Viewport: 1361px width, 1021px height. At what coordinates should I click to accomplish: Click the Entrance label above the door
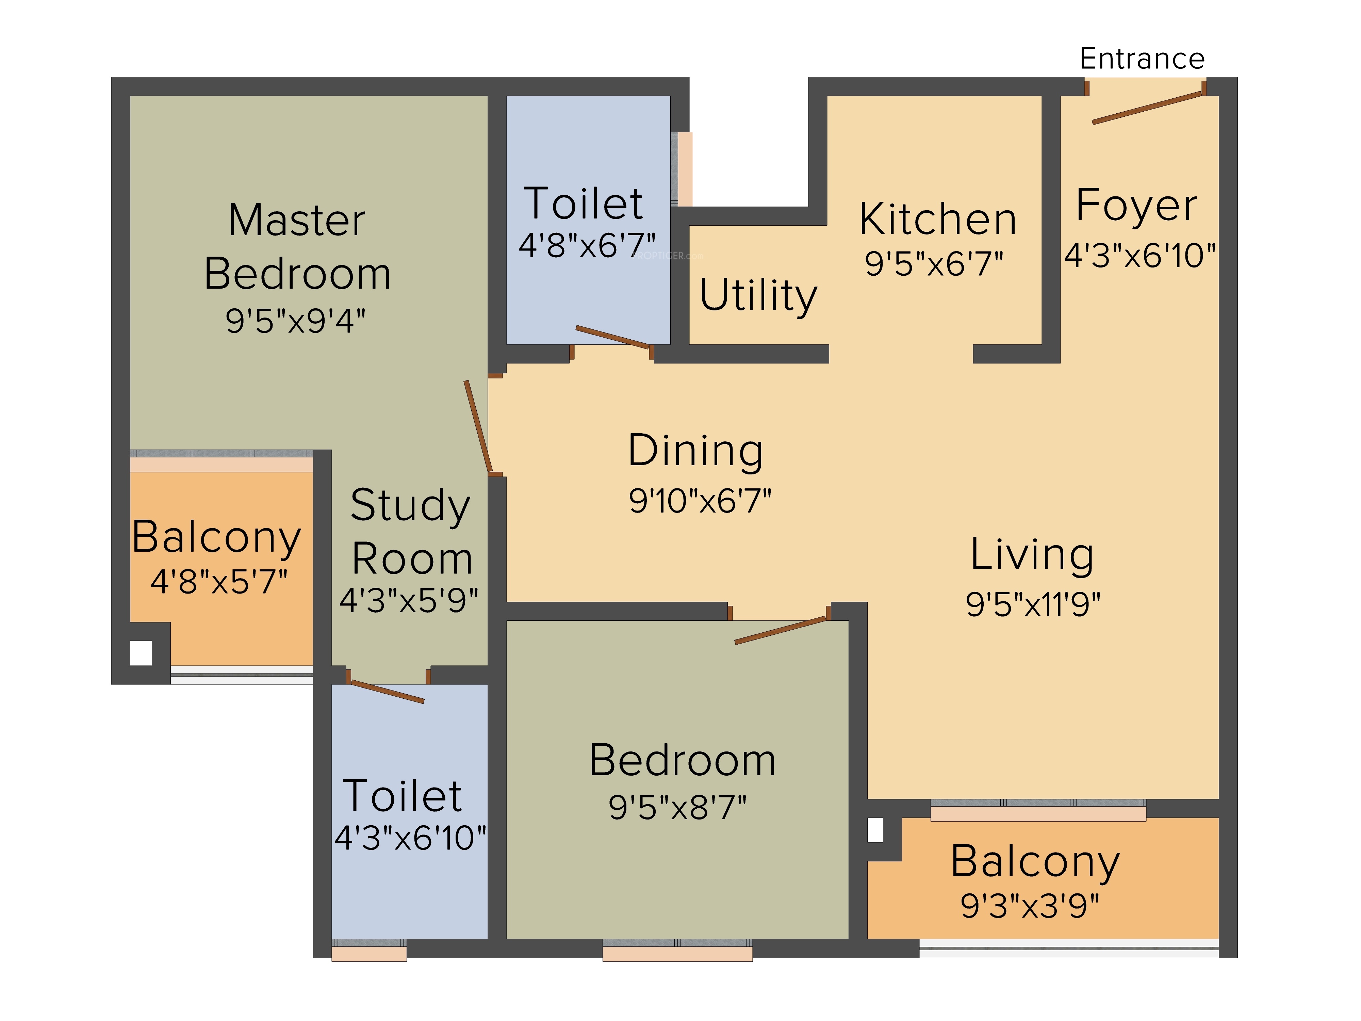[x=1142, y=59]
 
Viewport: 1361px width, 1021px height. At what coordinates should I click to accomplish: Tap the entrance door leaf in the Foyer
[x=1148, y=108]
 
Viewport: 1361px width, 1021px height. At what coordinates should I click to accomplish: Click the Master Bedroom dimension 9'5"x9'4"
[x=295, y=321]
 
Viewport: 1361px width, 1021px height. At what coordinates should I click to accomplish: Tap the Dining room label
[x=696, y=451]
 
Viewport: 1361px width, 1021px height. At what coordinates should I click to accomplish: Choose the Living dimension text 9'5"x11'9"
[x=1033, y=604]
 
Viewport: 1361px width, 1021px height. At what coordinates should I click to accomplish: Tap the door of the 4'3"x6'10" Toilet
[x=387, y=692]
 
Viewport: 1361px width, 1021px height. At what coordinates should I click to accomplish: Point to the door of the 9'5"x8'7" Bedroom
[x=780, y=630]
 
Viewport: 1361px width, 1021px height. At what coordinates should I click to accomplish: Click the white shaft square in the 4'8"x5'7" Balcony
[x=141, y=653]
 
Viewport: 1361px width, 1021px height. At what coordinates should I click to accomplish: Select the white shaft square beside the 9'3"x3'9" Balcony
[x=875, y=830]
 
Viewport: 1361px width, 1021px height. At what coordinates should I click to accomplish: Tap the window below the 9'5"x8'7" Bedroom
[x=677, y=950]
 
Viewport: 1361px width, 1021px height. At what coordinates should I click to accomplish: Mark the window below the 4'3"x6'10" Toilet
[x=369, y=950]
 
